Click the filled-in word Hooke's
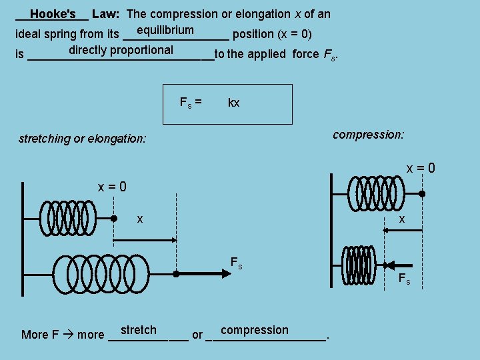point(53,13)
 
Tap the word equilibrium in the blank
point(165,30)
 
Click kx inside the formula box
point(233,103)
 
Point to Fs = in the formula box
point(191,102)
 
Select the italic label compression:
point(368,135)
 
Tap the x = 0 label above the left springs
point(112,187)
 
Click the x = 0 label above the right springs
point(421,169)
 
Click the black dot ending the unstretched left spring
point(114,218)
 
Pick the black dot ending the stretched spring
point(176,273)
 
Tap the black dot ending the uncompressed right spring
point(422,194)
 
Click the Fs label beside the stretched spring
point(236,263)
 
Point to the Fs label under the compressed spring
point(404,279)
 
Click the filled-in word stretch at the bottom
point(139,330)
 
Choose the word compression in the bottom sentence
point(254,330)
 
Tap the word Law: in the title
point(106,13)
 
